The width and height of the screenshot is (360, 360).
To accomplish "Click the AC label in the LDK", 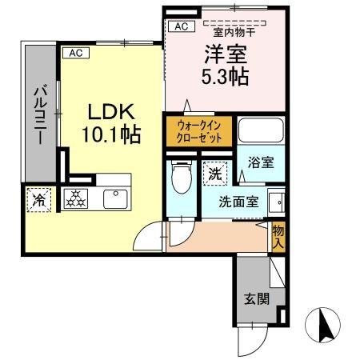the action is click(x=76, y=53).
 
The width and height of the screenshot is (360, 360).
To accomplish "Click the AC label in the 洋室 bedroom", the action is click(x=182, y=26).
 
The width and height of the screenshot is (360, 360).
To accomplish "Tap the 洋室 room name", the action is click(x=226, y=54).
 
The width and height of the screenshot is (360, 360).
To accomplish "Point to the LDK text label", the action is click(x=111, y=112).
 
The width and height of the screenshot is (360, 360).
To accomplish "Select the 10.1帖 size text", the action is click(x=111, y=135).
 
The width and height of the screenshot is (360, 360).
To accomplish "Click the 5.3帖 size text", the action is click(x=225, y=77).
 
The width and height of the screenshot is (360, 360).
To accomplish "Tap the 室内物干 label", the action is click(x=234, y=33).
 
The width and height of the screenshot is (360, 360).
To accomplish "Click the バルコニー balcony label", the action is click(x=40, y=114).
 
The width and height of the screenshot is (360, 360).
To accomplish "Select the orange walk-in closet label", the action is click(x=199, y=131).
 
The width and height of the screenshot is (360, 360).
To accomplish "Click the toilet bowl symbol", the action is click(x=182, y=177).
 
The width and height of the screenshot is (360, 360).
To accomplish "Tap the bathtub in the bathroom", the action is click(x=261, y=130).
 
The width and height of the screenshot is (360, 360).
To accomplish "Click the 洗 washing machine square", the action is click(x=215, y=174).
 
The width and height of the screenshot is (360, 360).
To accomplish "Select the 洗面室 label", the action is click(x=238, y=202).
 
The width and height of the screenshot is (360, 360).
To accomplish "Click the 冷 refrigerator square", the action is click(x=39, y=200).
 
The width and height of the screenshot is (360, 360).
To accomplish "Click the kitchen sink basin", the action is click(x=115, y=199).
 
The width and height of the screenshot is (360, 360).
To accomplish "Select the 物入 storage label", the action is click(x=278, y=237).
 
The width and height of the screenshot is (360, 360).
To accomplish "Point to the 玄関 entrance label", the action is click(x=257, y=299).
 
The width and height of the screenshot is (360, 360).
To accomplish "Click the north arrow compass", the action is click(x=323, y=325).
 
